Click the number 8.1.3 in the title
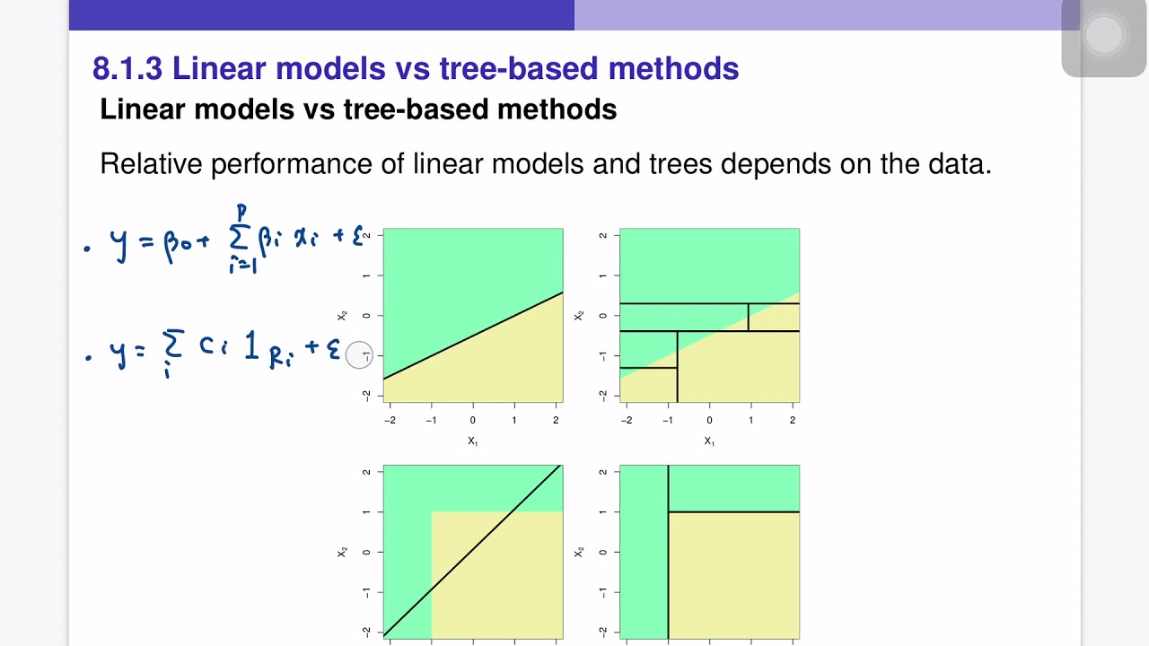(127, 68)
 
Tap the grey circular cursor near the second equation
(359, 355)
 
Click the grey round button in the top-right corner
(1104, 36)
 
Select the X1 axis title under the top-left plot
(472, 441)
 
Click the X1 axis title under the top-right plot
(709, 441)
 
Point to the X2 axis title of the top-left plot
(342, 315)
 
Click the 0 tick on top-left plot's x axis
(473, 420)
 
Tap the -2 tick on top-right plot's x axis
(627, 420)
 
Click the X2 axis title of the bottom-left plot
(342, 552)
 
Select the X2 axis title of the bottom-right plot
(579, 552)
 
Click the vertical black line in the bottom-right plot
(668, 574)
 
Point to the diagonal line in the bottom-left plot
(473, 551)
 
